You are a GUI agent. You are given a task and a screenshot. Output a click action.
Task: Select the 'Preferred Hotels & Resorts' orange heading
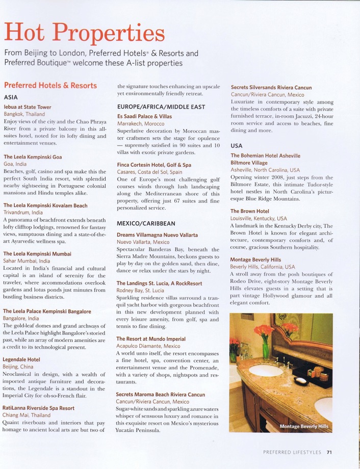point(50,86)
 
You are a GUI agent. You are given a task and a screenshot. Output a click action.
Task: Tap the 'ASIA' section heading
point(11,97)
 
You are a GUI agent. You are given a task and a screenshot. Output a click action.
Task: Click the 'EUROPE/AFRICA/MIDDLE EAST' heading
point(161,107)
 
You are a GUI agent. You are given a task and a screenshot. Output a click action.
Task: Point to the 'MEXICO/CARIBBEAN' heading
point(145,223)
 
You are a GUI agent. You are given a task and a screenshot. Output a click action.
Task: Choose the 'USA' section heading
point(237,146)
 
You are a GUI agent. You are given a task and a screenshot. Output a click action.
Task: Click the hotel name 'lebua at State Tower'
point(28,107)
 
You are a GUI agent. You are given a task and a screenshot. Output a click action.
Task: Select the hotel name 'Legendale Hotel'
point(21,359)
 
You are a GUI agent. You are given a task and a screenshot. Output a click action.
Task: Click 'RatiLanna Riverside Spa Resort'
point(38,408)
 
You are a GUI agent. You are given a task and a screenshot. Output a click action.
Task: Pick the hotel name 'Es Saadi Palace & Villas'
point(144,116)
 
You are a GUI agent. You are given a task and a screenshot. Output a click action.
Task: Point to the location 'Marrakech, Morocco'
point(141,123)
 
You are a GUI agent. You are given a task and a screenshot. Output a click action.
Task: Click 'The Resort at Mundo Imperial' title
point(150,338)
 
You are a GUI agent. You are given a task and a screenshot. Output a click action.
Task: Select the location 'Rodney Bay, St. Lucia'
point(140,291)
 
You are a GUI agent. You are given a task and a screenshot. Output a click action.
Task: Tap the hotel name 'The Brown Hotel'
point(249,211)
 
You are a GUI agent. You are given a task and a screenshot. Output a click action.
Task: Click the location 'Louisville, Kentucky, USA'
point(259,218)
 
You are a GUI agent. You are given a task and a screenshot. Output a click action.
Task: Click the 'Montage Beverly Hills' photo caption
point(304,426)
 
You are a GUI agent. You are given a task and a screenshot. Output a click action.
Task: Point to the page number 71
point(329,452)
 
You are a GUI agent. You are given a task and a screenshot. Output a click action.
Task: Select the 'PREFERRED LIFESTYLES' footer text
point(292,452)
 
